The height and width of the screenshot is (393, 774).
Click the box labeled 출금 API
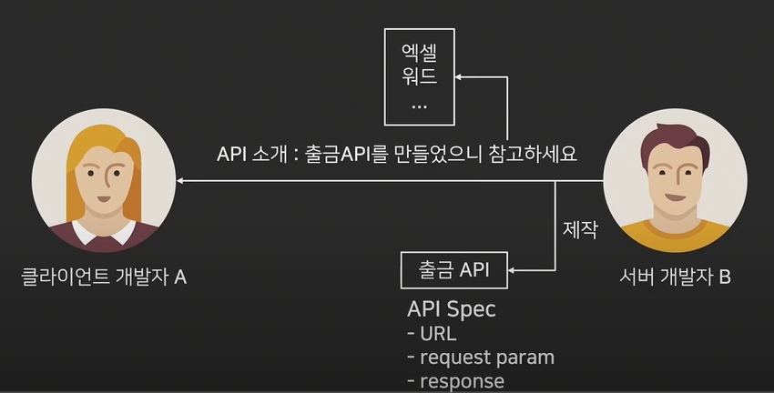coord(454,269)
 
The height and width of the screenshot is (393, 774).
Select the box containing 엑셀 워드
coord(419,76)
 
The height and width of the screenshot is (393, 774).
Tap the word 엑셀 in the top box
coord(419,51)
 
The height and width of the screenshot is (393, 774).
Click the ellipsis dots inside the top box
coord(419,106)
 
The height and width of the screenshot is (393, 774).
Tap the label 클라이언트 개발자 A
coord(104,277)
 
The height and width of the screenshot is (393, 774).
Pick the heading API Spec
coord(452,308)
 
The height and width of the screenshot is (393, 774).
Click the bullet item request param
coord(480,358)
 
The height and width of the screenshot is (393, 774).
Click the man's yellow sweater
coord(675,235)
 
